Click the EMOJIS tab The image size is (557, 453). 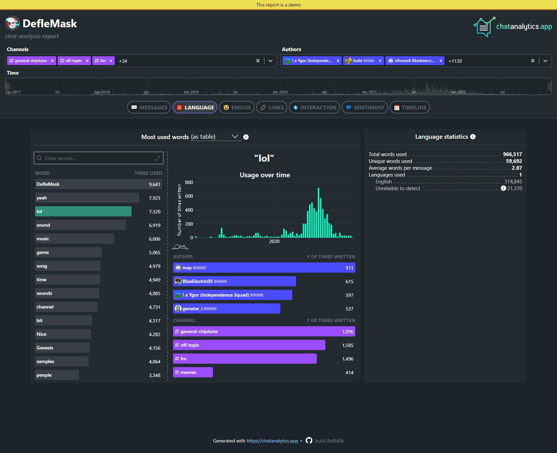237,107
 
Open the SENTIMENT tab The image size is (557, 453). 365,107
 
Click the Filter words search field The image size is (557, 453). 99,158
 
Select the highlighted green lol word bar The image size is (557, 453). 83,211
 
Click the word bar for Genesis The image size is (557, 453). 62,348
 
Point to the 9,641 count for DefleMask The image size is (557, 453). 154,184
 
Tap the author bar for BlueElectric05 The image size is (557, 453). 234,281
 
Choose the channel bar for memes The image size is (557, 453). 193,372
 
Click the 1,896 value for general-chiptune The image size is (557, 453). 347,332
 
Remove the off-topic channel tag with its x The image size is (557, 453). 87,61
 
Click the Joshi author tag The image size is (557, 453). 360,61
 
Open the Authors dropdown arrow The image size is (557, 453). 545,61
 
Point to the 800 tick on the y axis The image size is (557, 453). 189,182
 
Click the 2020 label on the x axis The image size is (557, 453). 274,241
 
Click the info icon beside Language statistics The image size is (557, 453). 473,137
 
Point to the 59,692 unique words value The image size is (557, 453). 514,161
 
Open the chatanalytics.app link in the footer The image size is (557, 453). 272,441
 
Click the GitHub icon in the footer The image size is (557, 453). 309,440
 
